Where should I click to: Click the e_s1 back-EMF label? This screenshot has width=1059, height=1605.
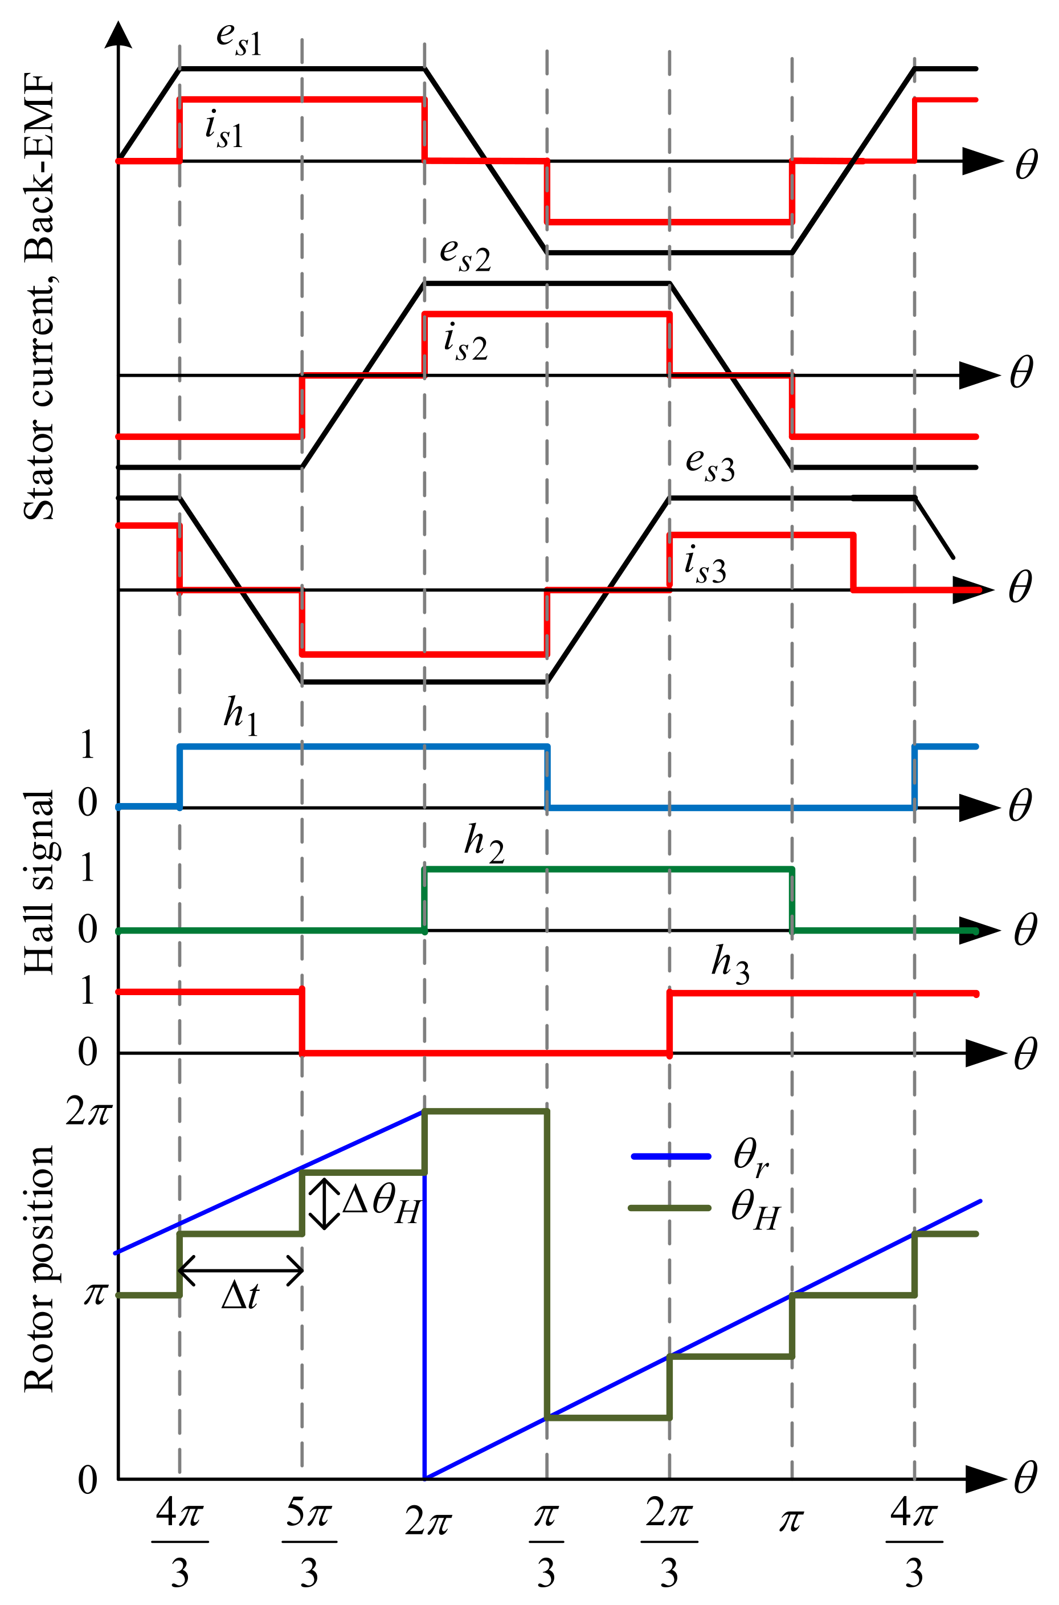pos(239,40)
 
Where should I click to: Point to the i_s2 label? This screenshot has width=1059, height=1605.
pos(465,343)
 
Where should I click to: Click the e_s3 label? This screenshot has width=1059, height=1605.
pos(710,465)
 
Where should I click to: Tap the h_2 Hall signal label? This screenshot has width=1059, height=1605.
pos(484,844)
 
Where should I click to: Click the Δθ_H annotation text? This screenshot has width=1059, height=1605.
pos(382,1204)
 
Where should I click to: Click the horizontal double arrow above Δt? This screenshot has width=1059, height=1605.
pos(240,1270)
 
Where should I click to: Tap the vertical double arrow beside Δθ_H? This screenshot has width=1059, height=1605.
pos(325,1203)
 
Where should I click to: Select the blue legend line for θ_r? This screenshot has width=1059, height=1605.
pos(670,1156)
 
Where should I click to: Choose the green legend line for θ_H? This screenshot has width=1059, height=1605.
pos(670,1208)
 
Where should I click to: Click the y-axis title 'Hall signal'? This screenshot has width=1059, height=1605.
pos(39,882)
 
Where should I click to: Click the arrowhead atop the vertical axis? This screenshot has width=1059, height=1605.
pos(119,35)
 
